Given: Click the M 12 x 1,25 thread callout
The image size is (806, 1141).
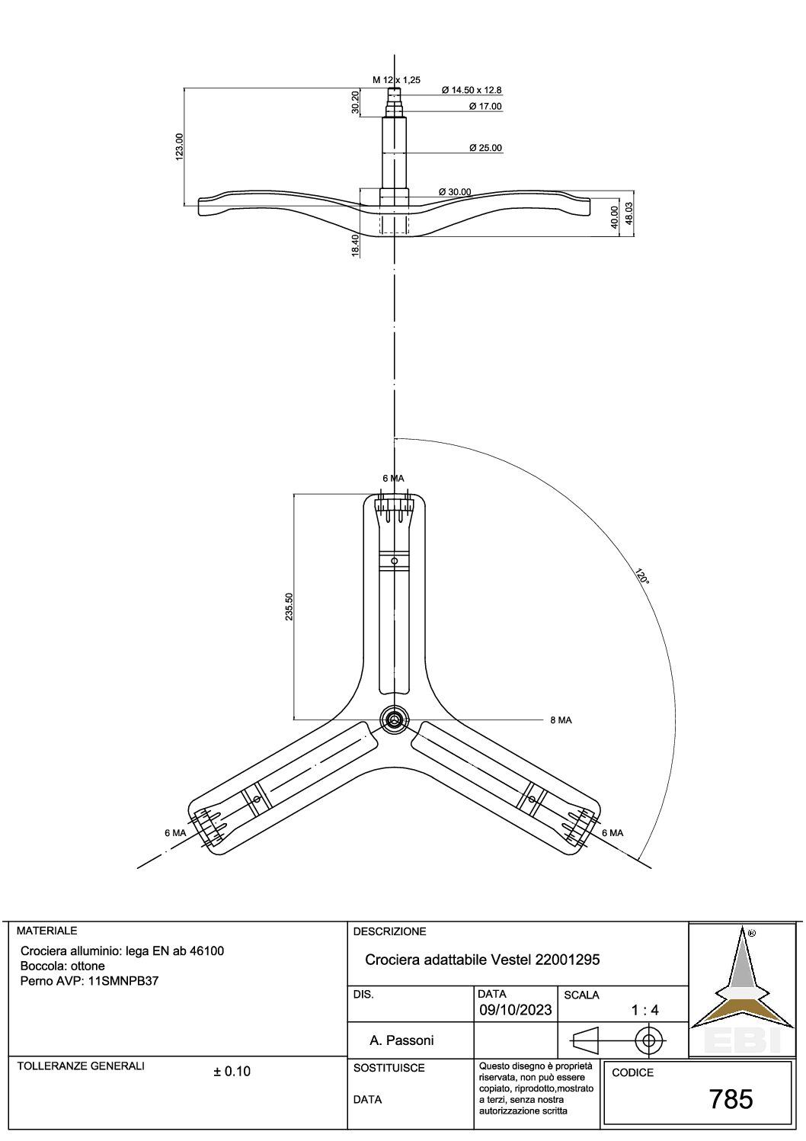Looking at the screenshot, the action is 396,80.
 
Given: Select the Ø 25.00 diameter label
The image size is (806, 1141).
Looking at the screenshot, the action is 486,148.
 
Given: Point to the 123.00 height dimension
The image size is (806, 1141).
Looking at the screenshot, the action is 179,146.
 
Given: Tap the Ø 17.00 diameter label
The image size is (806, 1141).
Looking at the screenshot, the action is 486,107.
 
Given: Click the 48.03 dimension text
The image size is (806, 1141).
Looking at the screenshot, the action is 628,214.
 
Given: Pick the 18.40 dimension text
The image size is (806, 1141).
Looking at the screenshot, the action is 356,245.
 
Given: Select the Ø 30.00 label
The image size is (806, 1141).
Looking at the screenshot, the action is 455,192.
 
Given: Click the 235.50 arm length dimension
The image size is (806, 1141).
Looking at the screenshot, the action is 289,606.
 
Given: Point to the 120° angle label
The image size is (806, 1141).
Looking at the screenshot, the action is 642,575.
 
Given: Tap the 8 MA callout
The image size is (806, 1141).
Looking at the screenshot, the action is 561,720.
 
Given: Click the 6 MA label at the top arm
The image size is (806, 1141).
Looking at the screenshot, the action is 393,479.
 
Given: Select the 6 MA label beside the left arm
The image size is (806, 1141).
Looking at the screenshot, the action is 175,833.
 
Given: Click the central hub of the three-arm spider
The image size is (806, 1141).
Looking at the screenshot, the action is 394,720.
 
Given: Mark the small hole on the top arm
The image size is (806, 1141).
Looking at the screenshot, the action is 394,561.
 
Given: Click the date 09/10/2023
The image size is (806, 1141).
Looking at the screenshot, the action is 516,1010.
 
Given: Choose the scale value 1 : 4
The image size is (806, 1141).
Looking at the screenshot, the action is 644,1010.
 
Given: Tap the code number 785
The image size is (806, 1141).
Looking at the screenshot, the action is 731,1099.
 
